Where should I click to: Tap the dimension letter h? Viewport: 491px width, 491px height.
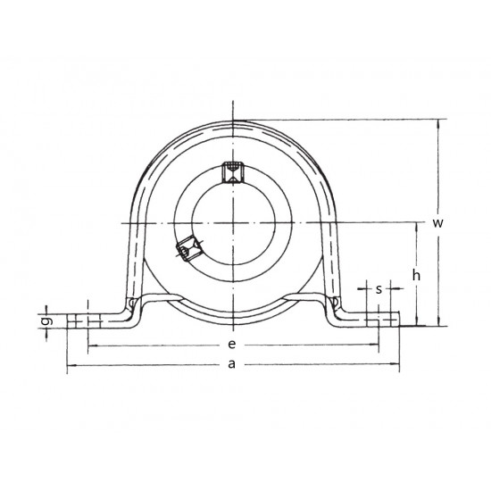(x=415, y=276)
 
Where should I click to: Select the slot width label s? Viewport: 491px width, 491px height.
(x=379, y=288)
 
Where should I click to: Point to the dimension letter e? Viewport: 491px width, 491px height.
(x=232, y=344)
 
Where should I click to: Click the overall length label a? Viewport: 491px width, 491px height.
(x=232, y=363)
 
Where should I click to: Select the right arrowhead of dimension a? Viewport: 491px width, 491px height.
(x=395, y=365)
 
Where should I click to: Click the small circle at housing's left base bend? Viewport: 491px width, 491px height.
(x=132, y=305)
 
